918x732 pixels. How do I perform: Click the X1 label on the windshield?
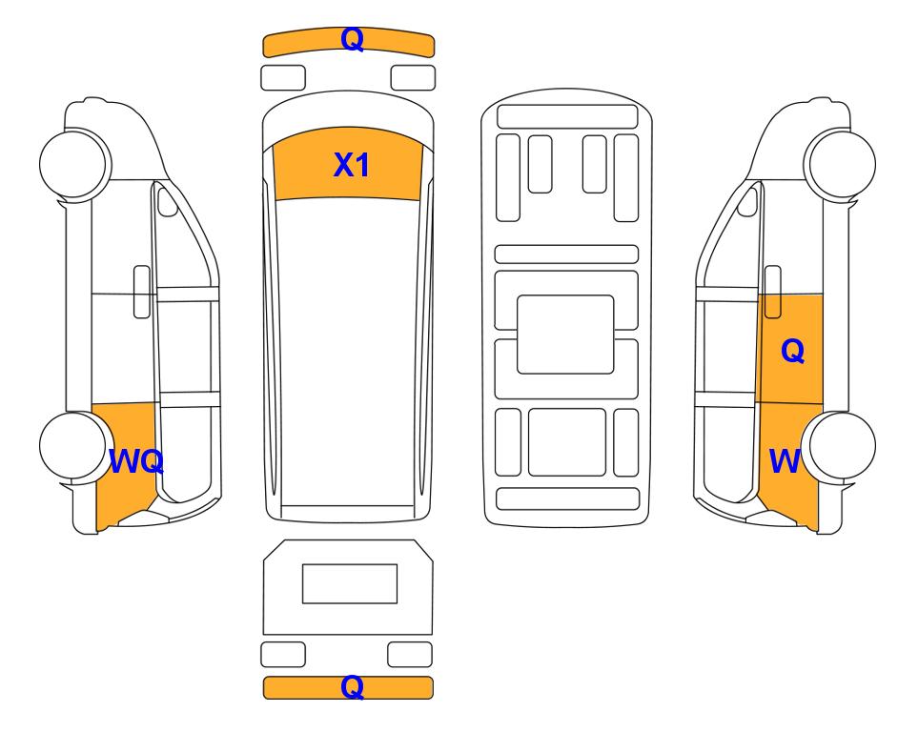[x=351, y=165]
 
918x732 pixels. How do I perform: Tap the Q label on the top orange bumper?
[x=353, y=39]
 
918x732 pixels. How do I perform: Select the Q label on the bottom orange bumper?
[x=353, y=687]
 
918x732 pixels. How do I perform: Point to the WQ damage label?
[x=136, y=461]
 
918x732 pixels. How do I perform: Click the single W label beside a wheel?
[x=785, y=461]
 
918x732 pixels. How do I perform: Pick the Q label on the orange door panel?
[x=793, y=352]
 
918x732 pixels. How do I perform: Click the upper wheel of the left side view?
[x=75, y=163]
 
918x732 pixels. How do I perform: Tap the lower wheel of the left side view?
[x=75, y=446]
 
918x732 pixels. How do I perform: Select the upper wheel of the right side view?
[x=840, y=163]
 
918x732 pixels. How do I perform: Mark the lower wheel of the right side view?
[x=840, y=446]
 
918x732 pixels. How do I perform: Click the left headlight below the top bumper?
[x=283, y=78]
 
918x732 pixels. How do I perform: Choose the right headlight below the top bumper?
[x=413, y=78]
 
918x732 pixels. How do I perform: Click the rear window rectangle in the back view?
[x=350, y=583]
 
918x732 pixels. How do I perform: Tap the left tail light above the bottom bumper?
[x=283, y=654]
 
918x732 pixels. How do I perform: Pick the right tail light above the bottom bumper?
[x=410, y=654]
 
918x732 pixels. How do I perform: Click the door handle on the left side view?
[x=142, y=292]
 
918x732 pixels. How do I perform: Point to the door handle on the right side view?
[x=773, y=292]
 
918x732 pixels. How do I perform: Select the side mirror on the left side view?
[x=168, y=201]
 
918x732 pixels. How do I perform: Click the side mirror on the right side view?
[x=747, y=201]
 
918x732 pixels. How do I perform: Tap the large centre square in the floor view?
[x=565, y=335]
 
